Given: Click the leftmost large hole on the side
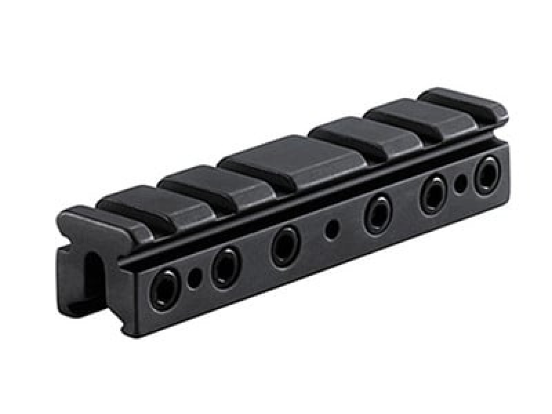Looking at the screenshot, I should (x=164, y=289).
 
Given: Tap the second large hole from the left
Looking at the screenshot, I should (x=225, y=268).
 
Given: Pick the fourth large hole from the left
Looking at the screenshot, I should (x=378, y=213).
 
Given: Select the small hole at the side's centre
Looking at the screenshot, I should (x=333, y=228).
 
